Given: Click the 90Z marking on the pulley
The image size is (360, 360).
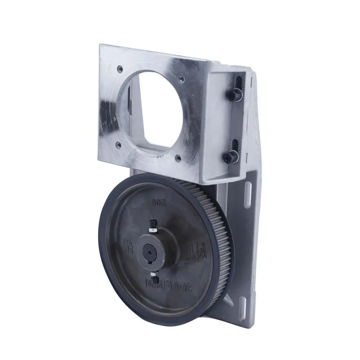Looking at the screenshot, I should tap(158, 204).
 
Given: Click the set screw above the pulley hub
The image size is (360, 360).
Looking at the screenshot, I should tap(153, 226).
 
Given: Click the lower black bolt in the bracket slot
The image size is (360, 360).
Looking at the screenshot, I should tap(230, 157).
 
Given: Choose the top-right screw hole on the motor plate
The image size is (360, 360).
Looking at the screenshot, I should tap(182, 78).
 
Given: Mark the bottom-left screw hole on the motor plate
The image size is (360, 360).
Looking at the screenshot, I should tap(118, 145).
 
